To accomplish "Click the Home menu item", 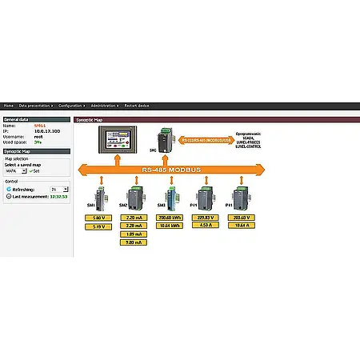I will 9,105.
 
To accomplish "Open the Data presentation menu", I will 36,105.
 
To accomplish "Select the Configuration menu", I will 72,105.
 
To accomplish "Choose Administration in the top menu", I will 105,105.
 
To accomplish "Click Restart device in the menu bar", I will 137,105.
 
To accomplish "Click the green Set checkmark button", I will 34,170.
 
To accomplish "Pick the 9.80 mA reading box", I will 134,242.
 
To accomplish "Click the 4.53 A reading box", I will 204,226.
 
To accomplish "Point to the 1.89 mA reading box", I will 134,234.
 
